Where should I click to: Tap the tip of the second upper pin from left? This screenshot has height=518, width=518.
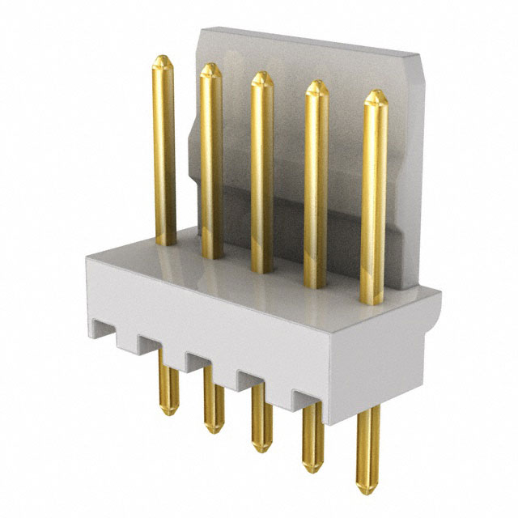click(x=210, y=66)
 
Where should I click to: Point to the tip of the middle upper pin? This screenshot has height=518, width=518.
click(x=261, y=74)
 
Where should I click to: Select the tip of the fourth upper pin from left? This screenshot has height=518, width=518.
click(x=316, y=83)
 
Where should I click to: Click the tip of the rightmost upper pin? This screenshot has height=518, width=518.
click(x=374, y=94)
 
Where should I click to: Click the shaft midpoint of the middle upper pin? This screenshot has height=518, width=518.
click(x=261, y=174)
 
